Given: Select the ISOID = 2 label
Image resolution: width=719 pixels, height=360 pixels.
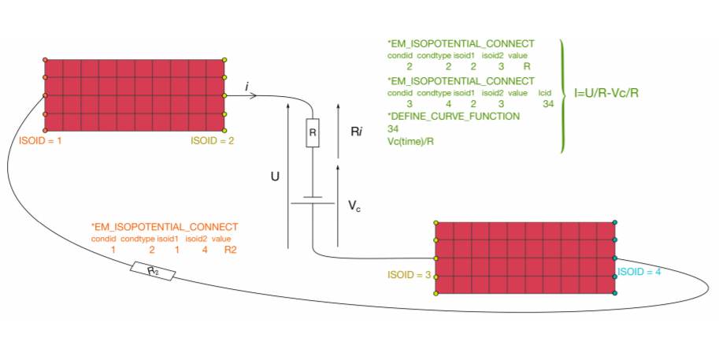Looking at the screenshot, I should (x=212, y=142).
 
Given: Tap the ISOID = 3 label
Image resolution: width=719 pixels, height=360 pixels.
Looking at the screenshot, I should (x=408, y=276).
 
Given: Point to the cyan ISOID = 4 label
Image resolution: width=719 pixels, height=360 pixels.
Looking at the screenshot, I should (x=639, y=273).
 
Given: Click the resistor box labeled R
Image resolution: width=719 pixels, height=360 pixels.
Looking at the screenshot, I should (x=313, y=135).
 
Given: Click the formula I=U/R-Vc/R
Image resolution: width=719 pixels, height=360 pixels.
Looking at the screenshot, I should (x=606, y=93).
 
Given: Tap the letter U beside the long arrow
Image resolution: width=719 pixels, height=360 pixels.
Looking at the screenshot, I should (x=275, y=178).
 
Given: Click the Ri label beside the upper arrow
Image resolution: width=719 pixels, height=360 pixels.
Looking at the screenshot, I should (x=356, y=132).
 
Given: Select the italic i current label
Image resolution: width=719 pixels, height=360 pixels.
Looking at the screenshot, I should (x=247, y=85).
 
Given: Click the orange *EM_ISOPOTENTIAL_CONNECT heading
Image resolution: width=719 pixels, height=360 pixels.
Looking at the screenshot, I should (x=165, y=227).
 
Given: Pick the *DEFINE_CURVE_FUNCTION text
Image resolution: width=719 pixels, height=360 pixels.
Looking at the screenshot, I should (x=454, y=116).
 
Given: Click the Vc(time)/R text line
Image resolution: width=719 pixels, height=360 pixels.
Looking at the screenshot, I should (x=410, y=141).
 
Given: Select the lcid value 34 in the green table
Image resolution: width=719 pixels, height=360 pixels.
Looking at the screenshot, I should (x=548, y=103).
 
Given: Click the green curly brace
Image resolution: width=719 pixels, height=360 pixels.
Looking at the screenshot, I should (x=563, y=95).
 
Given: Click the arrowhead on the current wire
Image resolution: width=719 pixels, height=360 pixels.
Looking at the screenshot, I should (x=253, y=96).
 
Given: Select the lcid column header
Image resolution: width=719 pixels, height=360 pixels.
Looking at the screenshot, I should (x=546, y=93).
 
